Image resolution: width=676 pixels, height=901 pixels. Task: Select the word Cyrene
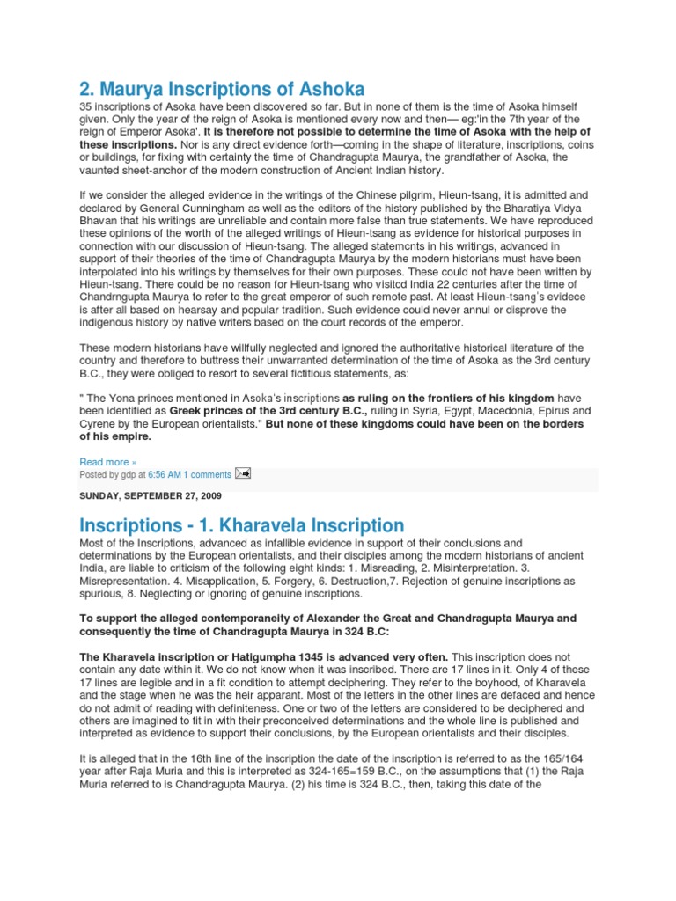(x=99, y=423)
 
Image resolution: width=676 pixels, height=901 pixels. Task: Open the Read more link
(x=107, y=462)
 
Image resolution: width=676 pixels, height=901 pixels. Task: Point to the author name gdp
(x=128, y=474)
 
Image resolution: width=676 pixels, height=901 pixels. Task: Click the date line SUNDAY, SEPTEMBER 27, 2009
(x=151, y=496)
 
